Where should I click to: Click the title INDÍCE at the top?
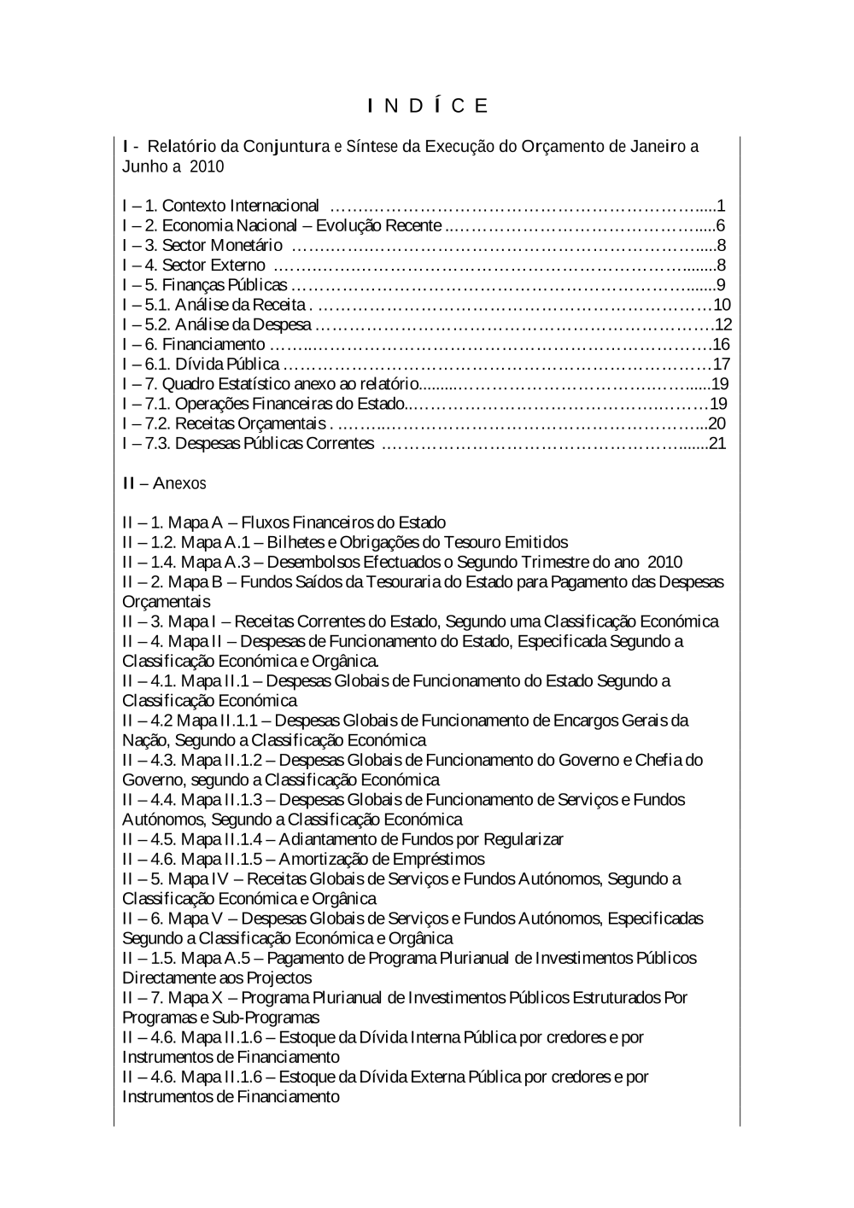[x=428, y=106]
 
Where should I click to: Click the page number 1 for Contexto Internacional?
[x=722, y=206]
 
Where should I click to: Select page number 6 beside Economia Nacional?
[x=721, y=225]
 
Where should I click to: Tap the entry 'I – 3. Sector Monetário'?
[x=202, y=246]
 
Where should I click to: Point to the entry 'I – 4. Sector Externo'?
[x=194, y=266]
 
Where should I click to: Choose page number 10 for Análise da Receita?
[x=722, y=305]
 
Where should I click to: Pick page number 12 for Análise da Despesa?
[x=723, y=324]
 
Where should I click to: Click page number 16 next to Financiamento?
[x=722, y=344]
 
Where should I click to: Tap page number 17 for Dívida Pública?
[x=722, y=365]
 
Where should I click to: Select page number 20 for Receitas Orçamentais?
[x=717, y=423]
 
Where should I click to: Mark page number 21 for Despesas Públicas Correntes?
[x=717, y=443]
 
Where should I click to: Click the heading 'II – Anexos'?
[x=164, y=483]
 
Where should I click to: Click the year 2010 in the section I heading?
[x=207, y=166]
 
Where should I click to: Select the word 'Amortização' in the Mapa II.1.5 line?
[x=324, y=859]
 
